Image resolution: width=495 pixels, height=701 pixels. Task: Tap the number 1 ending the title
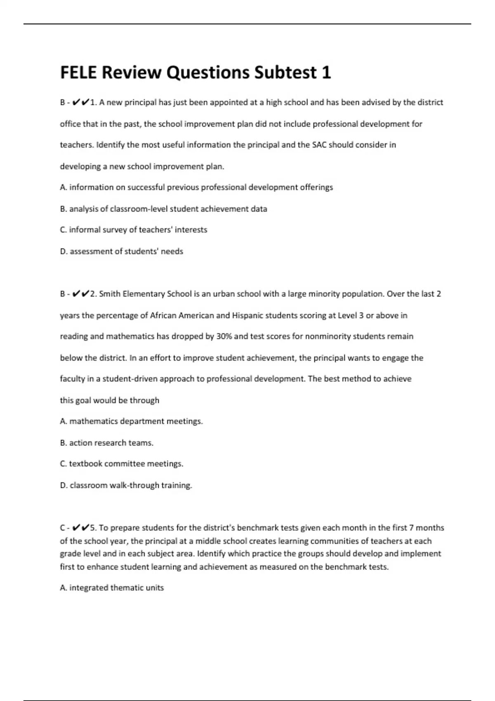coord(326,73)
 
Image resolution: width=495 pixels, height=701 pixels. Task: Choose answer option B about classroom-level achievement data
coord(163,209)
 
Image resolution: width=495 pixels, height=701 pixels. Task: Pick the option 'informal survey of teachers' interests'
coord(134,230)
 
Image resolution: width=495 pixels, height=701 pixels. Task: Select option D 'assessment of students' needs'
coord(122,251)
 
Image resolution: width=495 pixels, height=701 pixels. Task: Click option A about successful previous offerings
coord(196,187)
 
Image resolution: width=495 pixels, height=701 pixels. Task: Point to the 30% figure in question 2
coord(224,336)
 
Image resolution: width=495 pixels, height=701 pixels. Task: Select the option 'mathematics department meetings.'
coord(131,421)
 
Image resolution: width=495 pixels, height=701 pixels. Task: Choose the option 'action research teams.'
coord(106,443)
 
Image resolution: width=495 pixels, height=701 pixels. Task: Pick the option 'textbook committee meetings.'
coord(122,464)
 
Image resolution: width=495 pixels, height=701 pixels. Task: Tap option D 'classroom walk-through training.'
coord(126,485)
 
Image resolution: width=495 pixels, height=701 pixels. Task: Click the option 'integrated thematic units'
coord(112,588)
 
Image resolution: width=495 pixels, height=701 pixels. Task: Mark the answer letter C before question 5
coord(63,528)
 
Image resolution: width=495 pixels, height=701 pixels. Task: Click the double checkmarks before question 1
coord(80,102)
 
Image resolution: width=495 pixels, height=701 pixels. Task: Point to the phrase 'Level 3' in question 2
coord(351,315)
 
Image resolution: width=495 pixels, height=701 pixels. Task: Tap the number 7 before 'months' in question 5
coord(411,528)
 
